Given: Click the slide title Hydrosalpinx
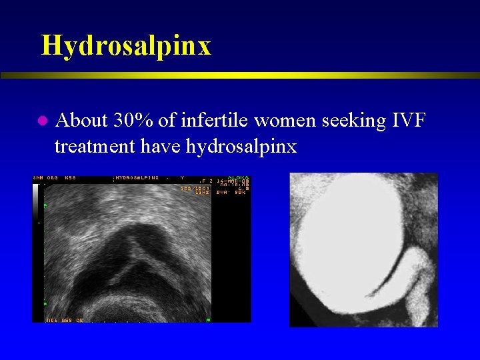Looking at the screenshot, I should click(126, 45).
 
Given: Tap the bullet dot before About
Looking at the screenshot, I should click(41, 121).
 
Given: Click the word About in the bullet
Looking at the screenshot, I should click(83, 121).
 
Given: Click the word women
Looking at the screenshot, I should click(278, 121).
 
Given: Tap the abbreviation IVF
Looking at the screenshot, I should click(407, 121).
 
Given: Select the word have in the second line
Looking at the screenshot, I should click(164, 146).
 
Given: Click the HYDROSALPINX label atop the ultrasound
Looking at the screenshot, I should click(137, 178).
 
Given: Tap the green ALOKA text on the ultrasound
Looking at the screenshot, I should click(238, 178).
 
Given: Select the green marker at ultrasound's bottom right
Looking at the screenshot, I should click(209, 320).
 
